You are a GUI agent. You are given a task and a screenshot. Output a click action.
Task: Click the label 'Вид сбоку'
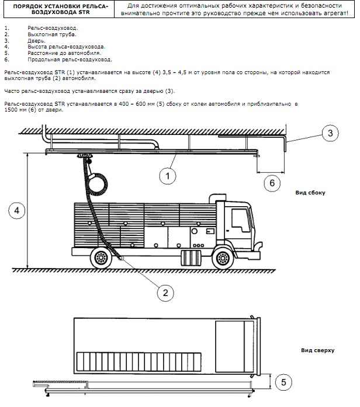pyautogui.click(x=310, y=193)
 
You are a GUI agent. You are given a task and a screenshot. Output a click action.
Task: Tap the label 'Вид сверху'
pyautogui.click(x=318, y=350)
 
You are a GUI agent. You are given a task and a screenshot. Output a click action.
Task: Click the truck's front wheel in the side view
pyautogui.click(x=223, y=258)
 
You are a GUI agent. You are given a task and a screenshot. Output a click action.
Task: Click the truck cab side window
pyautogui.click(x=241, y=221)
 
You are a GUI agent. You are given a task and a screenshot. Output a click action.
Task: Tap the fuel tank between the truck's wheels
pyautogui.click(x=191, y=258)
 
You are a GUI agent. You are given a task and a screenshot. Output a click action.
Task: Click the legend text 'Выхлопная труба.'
pyautogui.click(x=52, y=34)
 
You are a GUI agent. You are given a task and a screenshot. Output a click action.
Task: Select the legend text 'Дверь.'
pyautogui.click(x=36, y=41)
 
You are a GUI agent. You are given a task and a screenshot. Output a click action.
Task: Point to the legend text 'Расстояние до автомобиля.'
pyautogui.click(x=64, y=53)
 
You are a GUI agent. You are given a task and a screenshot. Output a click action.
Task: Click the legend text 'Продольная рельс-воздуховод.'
pyautogui.click(x=70, y=60)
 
